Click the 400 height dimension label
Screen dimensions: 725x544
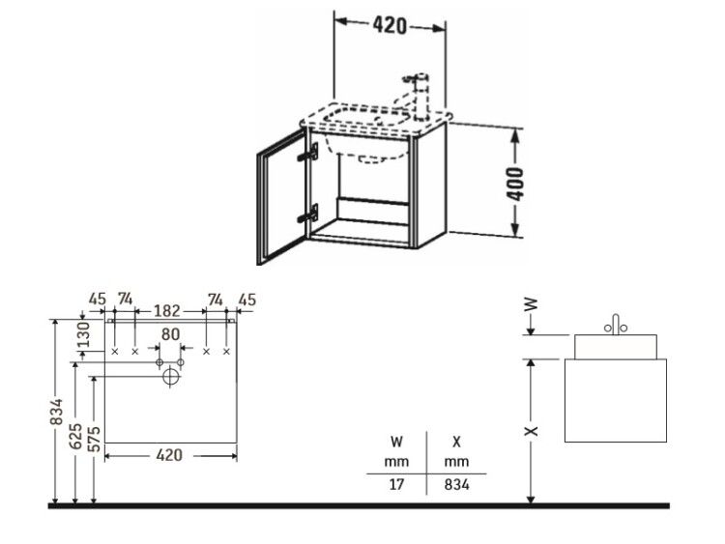(x=516, y=184)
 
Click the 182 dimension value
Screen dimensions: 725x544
(x=167, y=310)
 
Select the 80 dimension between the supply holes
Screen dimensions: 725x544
(x=170, y=334)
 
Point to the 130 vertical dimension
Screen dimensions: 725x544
(x=83, y=334)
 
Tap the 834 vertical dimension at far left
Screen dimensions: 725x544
(x=56, y=412)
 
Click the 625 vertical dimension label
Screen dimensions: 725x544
(x=75, y=436)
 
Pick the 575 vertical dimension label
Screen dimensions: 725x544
(x=94, y=439)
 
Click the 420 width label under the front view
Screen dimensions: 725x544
(x=169, y=455)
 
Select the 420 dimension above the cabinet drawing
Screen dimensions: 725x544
(x=390, y=26)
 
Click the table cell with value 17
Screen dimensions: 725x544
(x=396, y=484)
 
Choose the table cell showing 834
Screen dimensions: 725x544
(x=456, y=484)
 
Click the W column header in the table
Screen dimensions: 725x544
(x=396, y=442)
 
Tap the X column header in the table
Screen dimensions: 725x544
(x=456, y=442)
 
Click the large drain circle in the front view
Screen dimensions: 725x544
(x=171, y=377)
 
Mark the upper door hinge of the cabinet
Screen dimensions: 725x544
(x=309, y=152)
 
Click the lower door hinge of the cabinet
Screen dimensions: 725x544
(x=309, y=214)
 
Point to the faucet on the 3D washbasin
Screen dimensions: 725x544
(x=416, y=96)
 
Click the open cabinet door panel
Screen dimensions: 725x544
(x=281, y=197)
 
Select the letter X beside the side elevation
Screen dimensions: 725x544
(x=533, y=431)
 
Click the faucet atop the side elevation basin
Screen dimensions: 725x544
(x=616, y=325)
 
